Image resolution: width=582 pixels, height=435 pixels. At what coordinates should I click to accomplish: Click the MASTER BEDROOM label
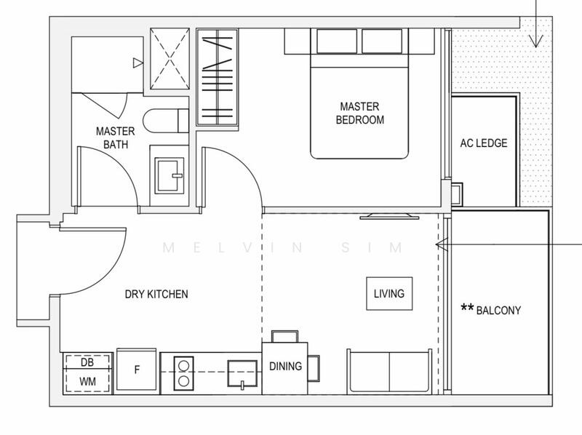pos(359,113)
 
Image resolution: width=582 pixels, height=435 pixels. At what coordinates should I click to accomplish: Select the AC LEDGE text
pos(484,143)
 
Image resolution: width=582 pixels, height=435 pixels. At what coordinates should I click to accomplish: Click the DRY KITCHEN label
pos(156,294)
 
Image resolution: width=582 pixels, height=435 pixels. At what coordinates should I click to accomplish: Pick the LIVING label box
pos(388,294)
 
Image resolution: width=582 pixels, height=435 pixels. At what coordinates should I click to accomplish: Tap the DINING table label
pos(285,367)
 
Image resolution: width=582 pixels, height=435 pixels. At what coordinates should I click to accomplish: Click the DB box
pos(88,362)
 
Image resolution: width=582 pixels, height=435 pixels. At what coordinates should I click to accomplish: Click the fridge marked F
pos(137,370)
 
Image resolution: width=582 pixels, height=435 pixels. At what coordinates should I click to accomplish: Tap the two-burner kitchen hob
pos(183,372)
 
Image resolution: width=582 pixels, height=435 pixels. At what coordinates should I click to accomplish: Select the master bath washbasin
pos(170,174)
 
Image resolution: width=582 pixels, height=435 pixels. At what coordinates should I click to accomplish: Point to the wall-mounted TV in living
pos(391,215)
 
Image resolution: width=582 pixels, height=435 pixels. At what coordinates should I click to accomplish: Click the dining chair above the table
pos(283,336)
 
